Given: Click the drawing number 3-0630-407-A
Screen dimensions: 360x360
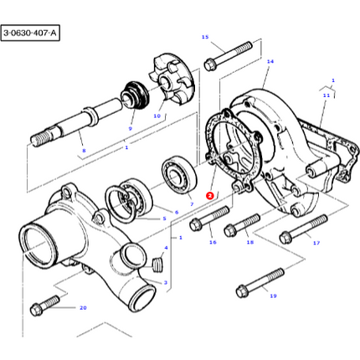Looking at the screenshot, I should pos(31,33).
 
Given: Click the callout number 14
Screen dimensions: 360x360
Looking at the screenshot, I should pos(270,61).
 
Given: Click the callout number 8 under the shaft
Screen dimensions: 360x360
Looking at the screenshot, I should pos(83,151).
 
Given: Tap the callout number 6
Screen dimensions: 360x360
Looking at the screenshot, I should pos(177,213).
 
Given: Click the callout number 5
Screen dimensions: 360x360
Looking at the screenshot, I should pos(164,219).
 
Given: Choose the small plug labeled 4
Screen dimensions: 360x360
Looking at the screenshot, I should pos(156,266).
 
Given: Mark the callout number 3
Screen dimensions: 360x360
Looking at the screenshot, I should pos(166,282).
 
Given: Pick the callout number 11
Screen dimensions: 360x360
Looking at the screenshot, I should pos(327,95).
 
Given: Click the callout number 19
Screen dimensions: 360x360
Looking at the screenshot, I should pos(273,296).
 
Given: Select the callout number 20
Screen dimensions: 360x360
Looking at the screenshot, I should pos(83,307).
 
